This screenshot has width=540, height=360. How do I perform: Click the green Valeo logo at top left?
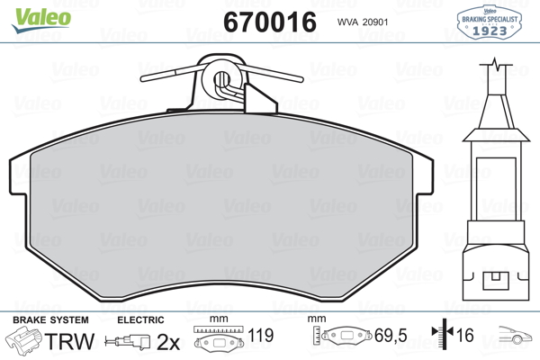tap(41, 20)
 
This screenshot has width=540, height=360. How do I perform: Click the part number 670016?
tap(270, 22)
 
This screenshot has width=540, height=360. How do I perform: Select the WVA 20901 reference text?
tap(363, 22)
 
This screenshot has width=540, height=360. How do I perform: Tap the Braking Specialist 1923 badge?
tap(490, 22)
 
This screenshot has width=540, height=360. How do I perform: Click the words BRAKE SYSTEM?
tap(50, 320)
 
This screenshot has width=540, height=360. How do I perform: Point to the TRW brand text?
tap(69, 341)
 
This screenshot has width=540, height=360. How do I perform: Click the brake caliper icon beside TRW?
tap(23, 339)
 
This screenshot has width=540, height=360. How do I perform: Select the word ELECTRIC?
tap(140, 320)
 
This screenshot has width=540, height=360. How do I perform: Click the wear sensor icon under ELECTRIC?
tap(128, 341)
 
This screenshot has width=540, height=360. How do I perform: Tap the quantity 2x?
tap(168, 341)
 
